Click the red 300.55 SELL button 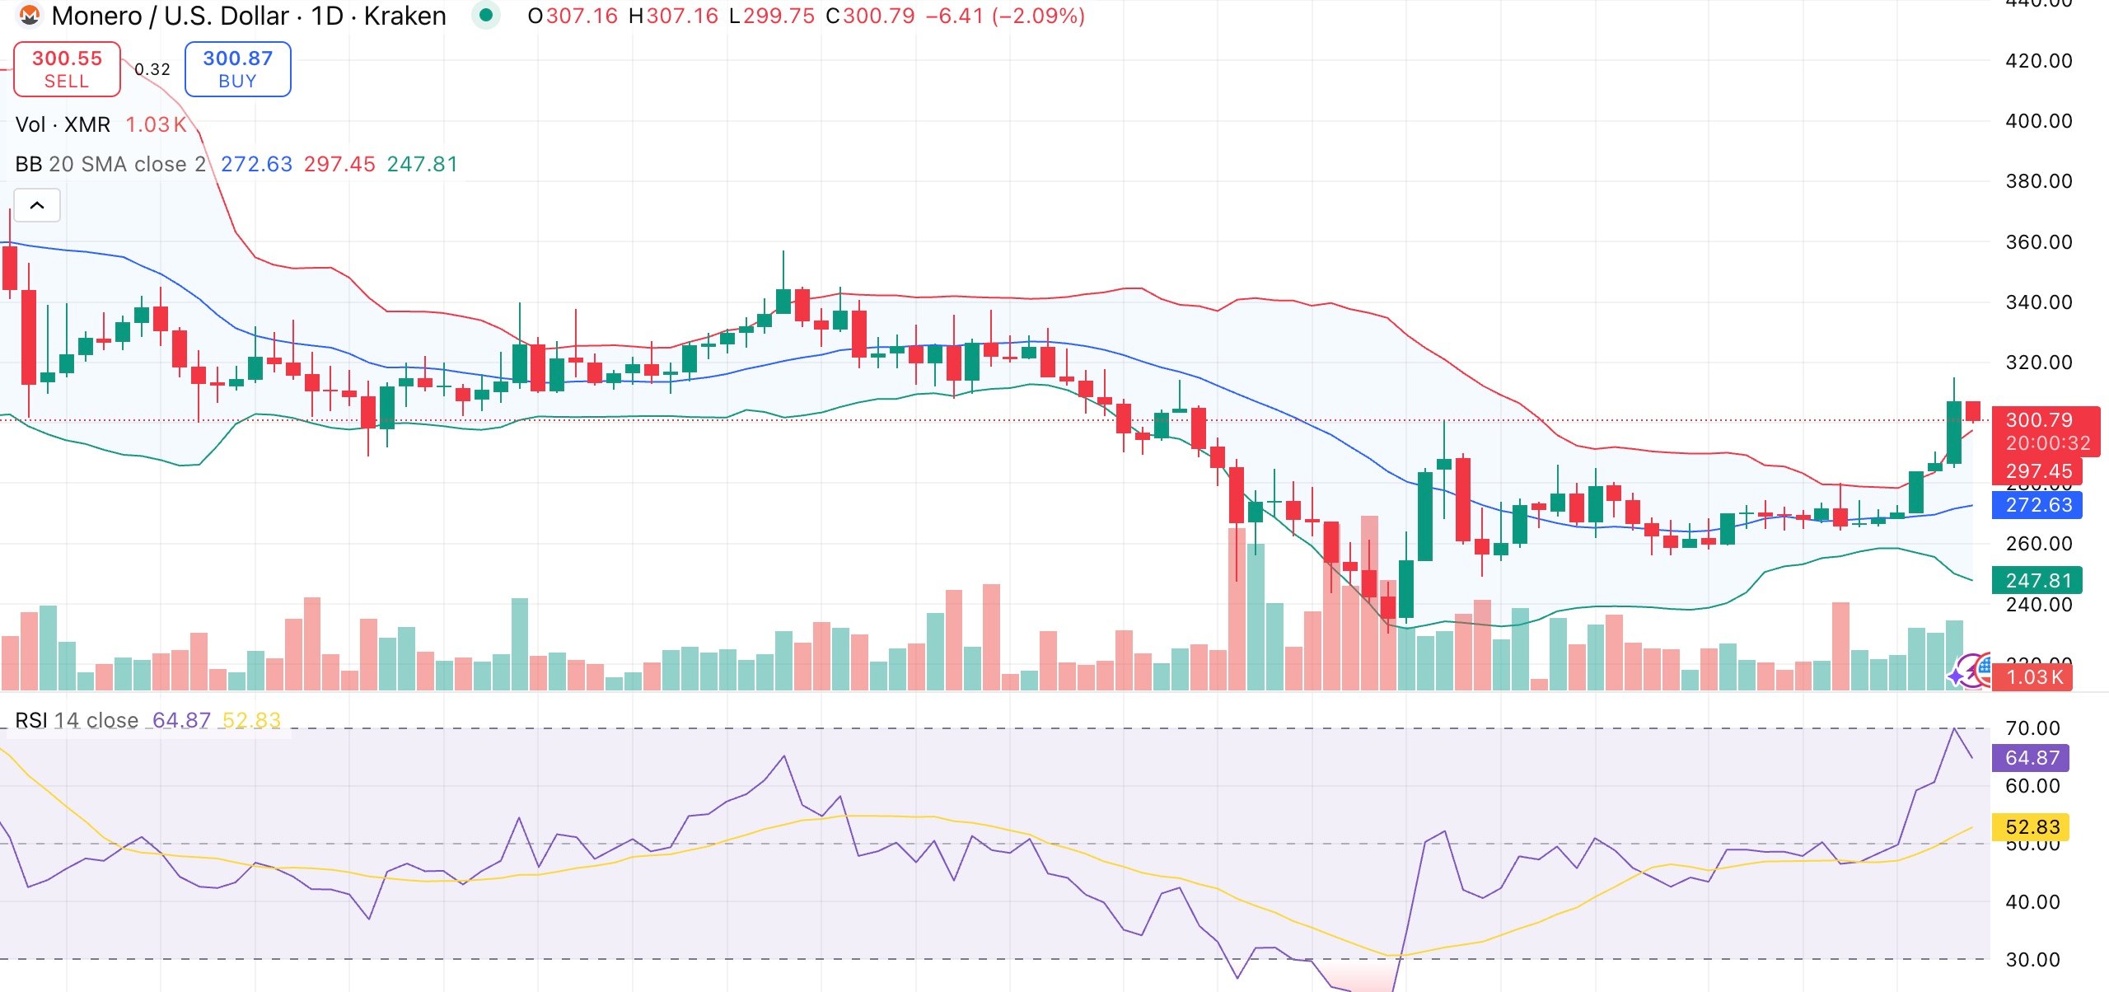(x=67, y=69)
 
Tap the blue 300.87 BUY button (x=237, y=69)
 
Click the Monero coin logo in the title (x=30, y=16)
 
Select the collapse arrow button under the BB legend (x=37, y=205)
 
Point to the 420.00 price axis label (x=2038, y=61)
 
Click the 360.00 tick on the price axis (x=2038, y=242)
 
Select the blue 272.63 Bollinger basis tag (x=2037, y=505)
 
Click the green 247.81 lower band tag (x=2037, y=581)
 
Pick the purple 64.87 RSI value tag (x=2032, y=758)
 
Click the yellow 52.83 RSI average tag (x=2032, y=827)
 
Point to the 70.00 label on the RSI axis (x=2032, y=728)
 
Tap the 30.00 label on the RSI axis (x=2032, y=960)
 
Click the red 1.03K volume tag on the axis (x=2034, y=677)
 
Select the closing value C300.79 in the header (x=870, y=16)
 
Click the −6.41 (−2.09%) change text (x=1005, y=16)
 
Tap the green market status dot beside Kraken (x=486, y=15)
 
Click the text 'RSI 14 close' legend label (x=77, y=721)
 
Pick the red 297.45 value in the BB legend (x=339, y=165)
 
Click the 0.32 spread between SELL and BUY (x=152, y=70)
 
